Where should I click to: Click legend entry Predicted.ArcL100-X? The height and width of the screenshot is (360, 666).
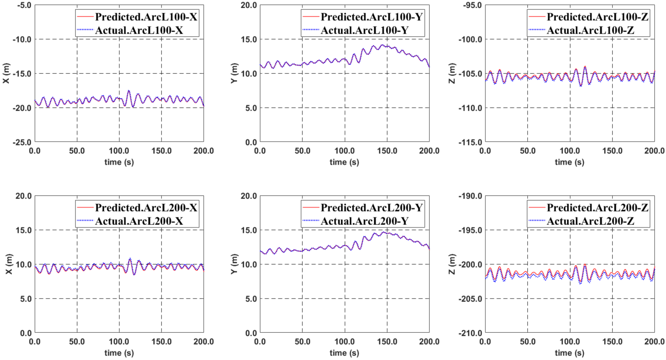coord(146,17)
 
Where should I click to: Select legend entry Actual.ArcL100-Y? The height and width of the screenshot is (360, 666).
coord(364,30)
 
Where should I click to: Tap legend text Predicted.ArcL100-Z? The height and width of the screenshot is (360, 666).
coord(597,17)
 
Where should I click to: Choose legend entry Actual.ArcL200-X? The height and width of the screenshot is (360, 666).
coord(139,221)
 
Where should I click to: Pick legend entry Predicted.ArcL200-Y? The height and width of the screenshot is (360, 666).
coord(371,208)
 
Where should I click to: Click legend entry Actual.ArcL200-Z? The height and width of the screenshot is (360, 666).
coord(590,221)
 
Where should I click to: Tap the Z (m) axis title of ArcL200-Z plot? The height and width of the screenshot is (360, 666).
coord(452,265)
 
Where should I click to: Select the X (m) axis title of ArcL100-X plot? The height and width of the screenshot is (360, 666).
coord(6,74)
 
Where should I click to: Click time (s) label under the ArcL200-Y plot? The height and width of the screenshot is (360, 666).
coord(344,353)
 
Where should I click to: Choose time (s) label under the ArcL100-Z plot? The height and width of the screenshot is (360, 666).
coord(569,162)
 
